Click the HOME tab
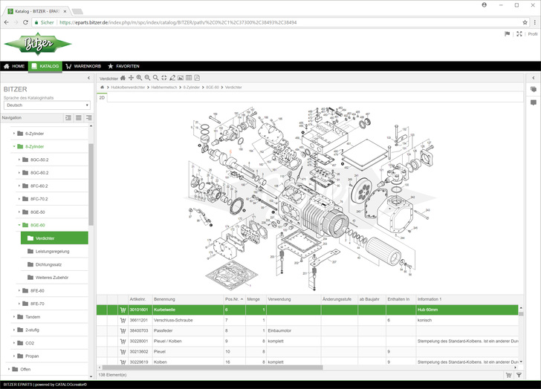pyautogui.click(x=14, y=66)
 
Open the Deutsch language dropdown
pyautogui.click(x=46, y=105)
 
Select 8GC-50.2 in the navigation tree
pyautogui.click(x=39, y=160)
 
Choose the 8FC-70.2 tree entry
pyautogui.click(x=39, y=199)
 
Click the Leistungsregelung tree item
pyautogui.click(x=52, y=251)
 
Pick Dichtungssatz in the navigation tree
pyautogui.click(x=50, y=264)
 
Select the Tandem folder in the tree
pyautogui.click(x=33, y=316)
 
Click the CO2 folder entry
pyautogui.click(x=30, y=342)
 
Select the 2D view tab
pyautogui.click(x=103, y=97)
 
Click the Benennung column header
pyautogui.click(x=165, y=299)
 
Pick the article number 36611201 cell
pyautogui.click(x=139, y=319)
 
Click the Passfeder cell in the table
pyautogui.click(x=164, y=330)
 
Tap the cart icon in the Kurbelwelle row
pyautogui.click(x=123, y=310)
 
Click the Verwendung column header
pyautogui.click(x=280, y=299)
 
